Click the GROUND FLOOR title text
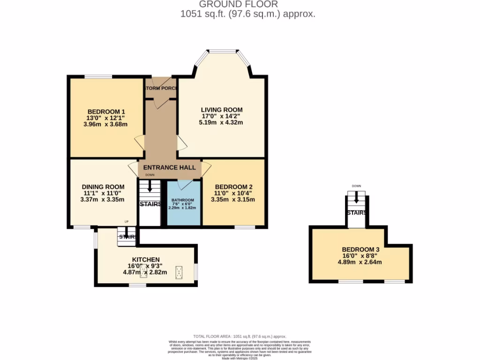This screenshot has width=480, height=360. pos(248,4)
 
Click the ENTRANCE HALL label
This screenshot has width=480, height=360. pos(169,167)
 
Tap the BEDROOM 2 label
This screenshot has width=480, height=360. pos(233,186)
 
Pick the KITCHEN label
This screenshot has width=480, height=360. pos(146,259)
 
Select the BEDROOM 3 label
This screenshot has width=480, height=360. pos(360,249)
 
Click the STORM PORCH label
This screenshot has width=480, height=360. pos(161,89)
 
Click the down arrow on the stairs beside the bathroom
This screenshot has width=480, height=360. pos(150,187)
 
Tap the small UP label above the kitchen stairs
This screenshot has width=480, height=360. pos(126,222)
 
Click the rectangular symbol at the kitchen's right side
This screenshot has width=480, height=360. pos(179,272)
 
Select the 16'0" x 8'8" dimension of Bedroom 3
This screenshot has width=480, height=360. pos(360,255)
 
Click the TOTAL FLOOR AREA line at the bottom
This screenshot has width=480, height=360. pos(240,336)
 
